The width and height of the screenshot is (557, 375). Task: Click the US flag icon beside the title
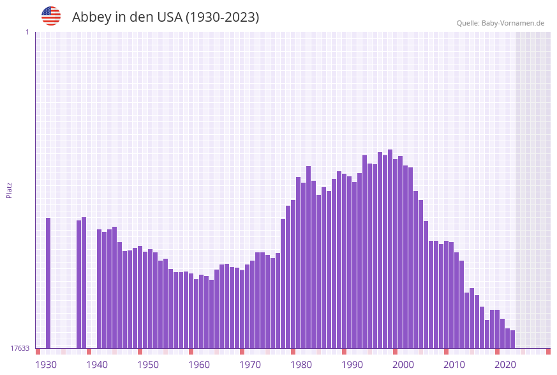click(51, 16)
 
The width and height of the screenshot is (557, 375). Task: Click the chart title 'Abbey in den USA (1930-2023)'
click(165, 17)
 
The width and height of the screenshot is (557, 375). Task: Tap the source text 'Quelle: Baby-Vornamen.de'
click(500, 23)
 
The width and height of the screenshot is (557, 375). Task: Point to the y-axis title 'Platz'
click(10, 190)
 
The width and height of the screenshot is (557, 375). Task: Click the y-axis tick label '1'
click(27, 32)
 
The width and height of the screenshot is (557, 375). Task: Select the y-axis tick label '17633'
click(20, 348)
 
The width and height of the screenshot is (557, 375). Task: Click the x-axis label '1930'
click(46, 365)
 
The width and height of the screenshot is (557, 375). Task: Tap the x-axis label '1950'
click(148, 365)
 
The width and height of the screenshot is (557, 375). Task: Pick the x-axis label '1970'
click(250, 365)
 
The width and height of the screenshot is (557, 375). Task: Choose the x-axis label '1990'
click(352, 365)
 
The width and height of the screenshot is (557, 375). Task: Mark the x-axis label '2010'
click(454, 365)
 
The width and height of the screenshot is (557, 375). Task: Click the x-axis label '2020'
click(505, 365)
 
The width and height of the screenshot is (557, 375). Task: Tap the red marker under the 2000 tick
click(396, 351)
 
